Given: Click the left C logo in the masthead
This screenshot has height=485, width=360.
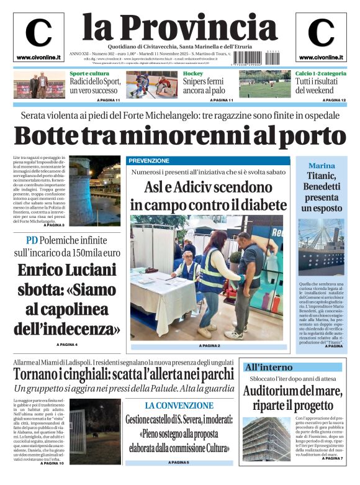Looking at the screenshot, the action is click(38, 33).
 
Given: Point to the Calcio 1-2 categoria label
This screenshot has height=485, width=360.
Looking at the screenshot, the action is click(321, 74).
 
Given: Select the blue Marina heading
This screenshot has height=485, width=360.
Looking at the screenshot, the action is click(322, 166).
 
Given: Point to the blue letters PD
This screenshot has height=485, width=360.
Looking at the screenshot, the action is click(32, 241).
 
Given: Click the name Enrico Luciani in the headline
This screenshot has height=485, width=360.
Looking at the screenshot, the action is click(66, 270).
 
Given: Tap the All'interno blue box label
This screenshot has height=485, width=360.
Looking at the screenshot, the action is click(268, 367).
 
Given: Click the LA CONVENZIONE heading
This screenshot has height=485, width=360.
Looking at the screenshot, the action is click(179, 406).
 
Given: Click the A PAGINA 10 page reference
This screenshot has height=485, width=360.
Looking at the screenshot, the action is click(52, 463).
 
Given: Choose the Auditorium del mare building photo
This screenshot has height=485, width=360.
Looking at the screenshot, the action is click(266, 438).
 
